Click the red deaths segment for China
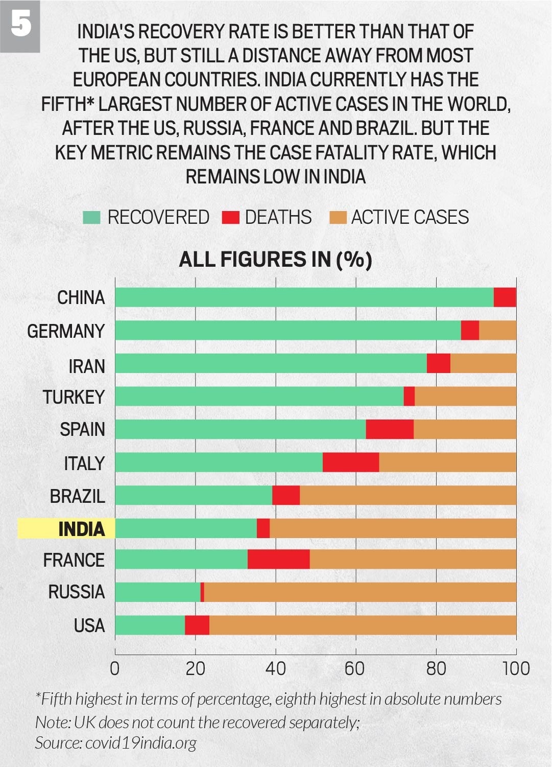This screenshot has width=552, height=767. [x=505, y=297]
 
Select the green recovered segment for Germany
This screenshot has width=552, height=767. [x=287, y=331]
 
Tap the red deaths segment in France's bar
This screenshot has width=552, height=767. [x=278, y=560]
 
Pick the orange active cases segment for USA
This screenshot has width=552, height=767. [x=363, y=625]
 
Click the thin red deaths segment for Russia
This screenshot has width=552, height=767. [x=202, y=592]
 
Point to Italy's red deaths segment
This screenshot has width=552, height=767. [x=351, y=462]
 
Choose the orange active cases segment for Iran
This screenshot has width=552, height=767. [x=483, y=363]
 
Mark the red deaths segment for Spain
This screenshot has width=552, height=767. [x=390, y=429]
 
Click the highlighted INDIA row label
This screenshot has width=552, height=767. [x=81, y=529]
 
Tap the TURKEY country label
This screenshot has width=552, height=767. [x=74, y=397]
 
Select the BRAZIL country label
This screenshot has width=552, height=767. [x=77, y=496]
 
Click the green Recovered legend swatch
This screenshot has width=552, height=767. [x=91, y=217]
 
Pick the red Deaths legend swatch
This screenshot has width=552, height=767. [x=231, y=217]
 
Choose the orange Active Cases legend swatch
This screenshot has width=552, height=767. [x=338, y=217]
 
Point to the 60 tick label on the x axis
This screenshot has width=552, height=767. [x=355, y=668]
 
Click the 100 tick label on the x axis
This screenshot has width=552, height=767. [x=516, y=668]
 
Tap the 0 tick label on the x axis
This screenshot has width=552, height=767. [x=115, y=668]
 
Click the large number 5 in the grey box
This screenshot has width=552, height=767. [x=20, y=25]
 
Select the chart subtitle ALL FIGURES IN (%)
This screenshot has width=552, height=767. [x=275, y=260]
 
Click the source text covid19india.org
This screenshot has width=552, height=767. [x=140, y=742]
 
